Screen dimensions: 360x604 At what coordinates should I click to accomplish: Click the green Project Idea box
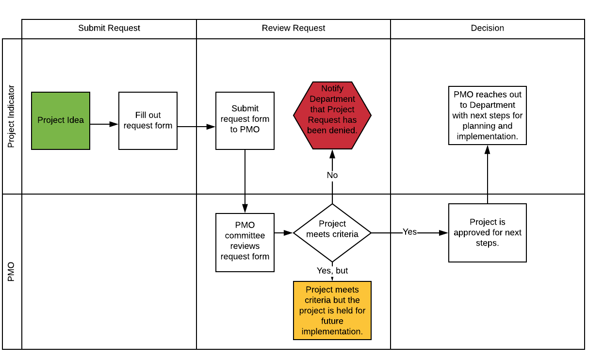[x=61, y=121]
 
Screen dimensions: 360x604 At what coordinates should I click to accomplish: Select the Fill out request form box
[x=148, y=121]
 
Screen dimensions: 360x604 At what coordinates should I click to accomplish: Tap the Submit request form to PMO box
[x=245, y=121]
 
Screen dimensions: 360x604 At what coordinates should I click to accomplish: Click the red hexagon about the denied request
[x=332, y=115]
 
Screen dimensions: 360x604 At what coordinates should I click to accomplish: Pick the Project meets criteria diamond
[x=332, y=233]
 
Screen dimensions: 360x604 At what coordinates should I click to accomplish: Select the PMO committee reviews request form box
[x=245, y=243]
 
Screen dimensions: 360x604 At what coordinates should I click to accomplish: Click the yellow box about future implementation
[x=332, y=311]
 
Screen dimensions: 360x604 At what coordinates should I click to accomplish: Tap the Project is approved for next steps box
[x=488, y=233]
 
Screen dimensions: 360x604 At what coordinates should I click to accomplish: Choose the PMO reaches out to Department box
[x=488, y=115]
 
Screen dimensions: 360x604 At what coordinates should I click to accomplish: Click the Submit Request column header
[x=109, y=29]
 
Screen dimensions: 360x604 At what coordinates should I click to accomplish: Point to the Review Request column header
[x=294, y=29]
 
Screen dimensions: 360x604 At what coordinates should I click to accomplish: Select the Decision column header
[x=488, y=29]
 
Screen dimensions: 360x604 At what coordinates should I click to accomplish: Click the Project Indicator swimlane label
[x=12, y=116]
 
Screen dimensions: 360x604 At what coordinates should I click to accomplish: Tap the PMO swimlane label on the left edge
[x=12, y=272]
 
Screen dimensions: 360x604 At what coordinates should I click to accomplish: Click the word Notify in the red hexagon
[x=332, y=88]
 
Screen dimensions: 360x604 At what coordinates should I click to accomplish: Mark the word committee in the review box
[x=245, y=236]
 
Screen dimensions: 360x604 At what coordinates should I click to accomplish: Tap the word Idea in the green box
[x=76, y=120]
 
